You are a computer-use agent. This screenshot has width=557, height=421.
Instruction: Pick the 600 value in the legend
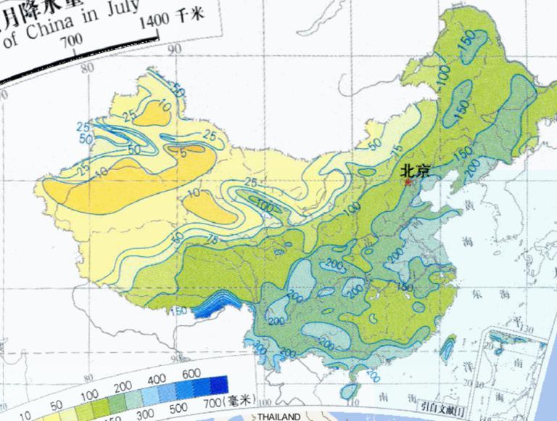point(191,373)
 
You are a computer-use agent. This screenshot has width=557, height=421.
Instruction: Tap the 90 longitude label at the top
point(174,49)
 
